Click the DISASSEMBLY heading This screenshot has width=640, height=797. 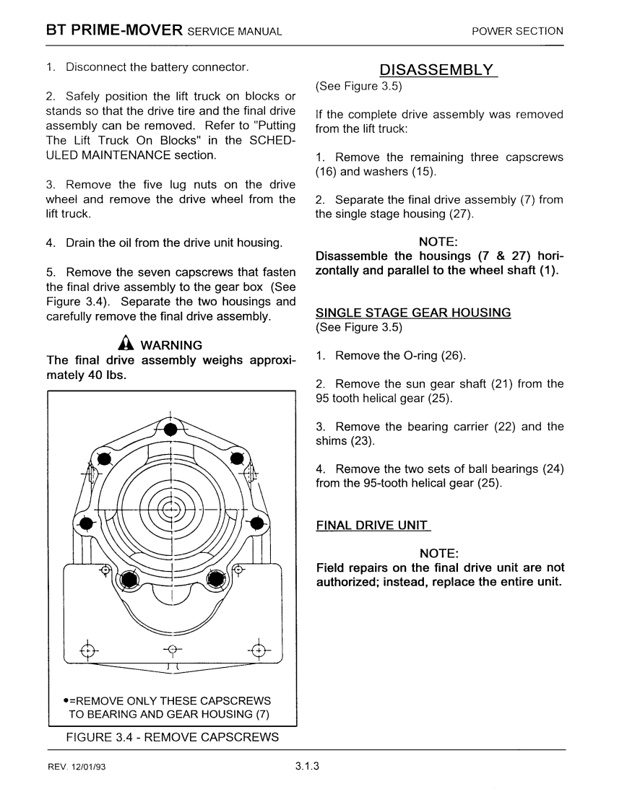438,70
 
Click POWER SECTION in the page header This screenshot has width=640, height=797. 517,31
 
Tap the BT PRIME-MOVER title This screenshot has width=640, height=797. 113,30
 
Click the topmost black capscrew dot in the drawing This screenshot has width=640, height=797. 170,430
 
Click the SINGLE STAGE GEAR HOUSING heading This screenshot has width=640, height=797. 413,313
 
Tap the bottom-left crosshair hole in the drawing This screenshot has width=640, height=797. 87,649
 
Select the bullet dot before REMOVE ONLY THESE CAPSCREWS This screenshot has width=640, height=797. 66,701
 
